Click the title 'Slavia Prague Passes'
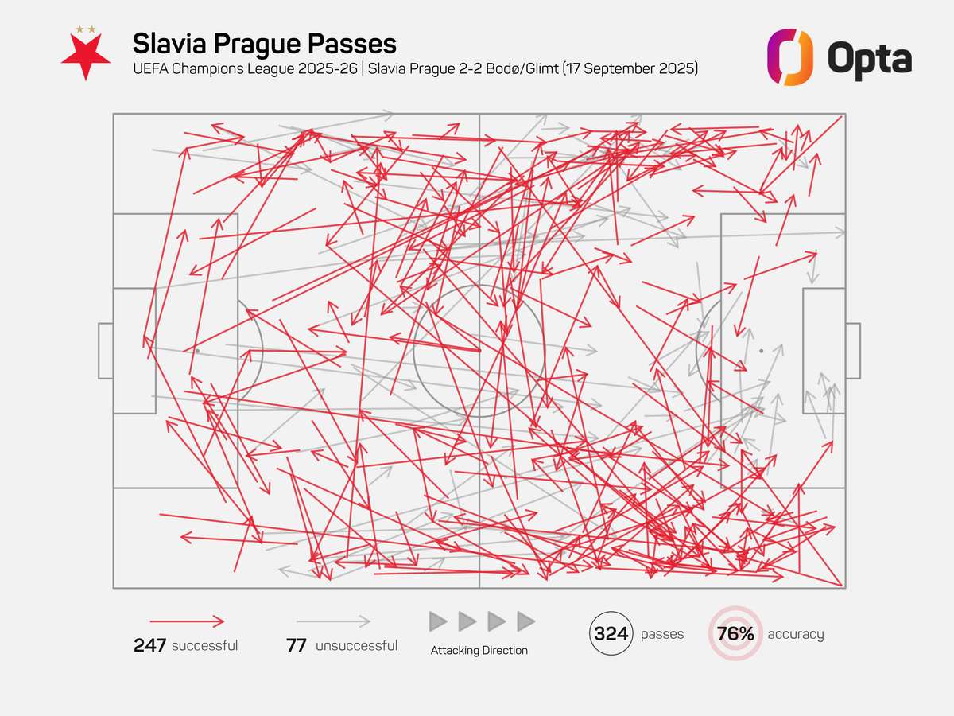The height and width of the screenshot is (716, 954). click(264, 43)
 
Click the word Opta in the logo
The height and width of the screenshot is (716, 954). click(869, 57)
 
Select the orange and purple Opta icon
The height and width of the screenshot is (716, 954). click(789, 57)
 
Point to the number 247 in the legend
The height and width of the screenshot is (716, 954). click(149, 645)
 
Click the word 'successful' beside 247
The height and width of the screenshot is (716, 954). click(204, 645)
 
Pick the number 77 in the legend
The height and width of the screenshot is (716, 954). click(297, 645)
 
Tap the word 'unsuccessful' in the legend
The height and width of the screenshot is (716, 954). click(356, 645)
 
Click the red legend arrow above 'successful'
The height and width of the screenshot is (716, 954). click(187, 621)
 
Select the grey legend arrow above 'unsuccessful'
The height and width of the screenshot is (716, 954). click(334, 621)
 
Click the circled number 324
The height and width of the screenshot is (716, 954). click(612, 634)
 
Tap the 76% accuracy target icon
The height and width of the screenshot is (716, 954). click(735, 634)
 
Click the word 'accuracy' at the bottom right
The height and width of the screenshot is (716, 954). click(795, 634)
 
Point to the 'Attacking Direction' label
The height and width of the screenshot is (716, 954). click(479, 650)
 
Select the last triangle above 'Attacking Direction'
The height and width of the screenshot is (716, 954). click(525, 621)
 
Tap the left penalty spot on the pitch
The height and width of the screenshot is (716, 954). click(197, 351)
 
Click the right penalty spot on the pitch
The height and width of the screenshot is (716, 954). click(761, 351)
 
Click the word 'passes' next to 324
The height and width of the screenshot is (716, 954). click(662, 634)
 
